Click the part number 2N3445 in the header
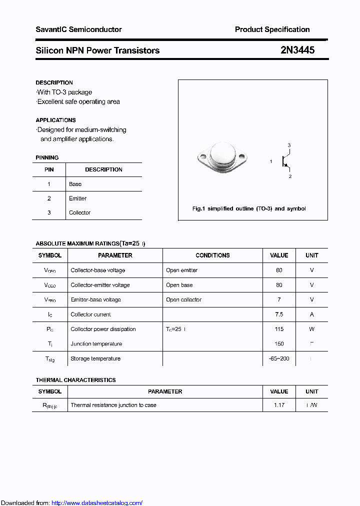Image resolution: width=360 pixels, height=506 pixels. click(x=297, y=50)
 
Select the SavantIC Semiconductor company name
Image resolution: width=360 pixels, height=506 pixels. click(x=78, y=29)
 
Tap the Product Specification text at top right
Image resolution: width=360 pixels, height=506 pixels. click(x=272, y=29)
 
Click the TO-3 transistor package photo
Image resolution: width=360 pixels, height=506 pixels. click(x=221, y=158)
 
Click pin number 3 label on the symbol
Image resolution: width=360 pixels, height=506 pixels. click(x=289, y=145)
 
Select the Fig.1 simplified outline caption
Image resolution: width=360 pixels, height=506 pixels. click(x=249, y=208)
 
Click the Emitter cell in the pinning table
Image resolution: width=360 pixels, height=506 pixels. click(x=78, y=198)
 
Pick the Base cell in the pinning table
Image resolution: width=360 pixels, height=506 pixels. click(x=75, y=184)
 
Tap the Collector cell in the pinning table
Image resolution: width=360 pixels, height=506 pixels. click(x=80, y=212)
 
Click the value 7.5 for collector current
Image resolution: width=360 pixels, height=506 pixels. click(x=279, y=314)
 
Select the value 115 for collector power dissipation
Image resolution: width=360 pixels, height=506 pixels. click(x=279, y=329)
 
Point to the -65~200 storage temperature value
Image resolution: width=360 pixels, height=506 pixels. click(x=279, y=358)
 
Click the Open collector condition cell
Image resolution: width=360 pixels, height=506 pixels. click(x=183, y=299)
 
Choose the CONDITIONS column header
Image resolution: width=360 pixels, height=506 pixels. click(x=212, y=255)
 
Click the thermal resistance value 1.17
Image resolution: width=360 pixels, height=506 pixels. click(x=279, y=405)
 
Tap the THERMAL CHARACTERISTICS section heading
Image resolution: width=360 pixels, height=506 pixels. click(x=75, y=380)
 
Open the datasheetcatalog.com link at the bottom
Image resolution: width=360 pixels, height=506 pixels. click(x=97, y=503)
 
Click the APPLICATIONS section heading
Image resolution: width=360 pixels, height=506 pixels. click(x=55, y=120)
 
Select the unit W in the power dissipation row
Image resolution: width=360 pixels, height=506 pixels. click(x=311, y=329)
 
